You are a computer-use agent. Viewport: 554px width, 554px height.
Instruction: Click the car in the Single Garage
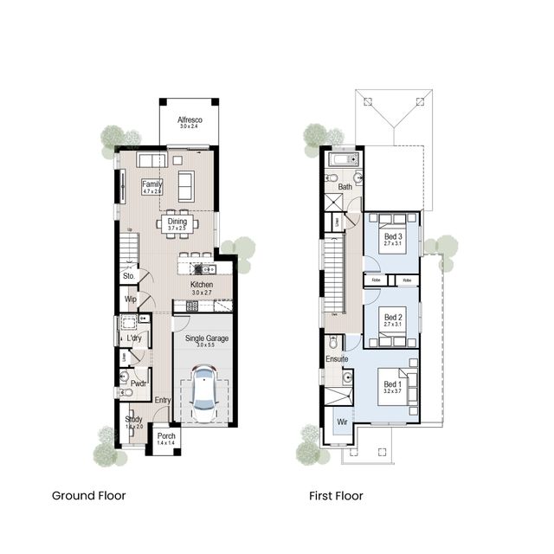point(203,391)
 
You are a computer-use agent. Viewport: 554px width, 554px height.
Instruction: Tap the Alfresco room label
point(189,121)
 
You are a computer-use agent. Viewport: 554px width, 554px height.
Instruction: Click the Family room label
point(152,185)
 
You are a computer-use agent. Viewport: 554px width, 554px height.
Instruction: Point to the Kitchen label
point(202,286)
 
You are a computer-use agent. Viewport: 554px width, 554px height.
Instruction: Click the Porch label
point(166,437)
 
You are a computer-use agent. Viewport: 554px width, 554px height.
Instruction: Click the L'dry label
point(134,338)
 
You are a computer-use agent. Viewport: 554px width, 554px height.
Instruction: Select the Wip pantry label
point(131,300)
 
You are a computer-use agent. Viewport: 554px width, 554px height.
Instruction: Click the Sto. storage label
point(130,278)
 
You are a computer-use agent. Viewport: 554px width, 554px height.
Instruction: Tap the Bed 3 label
point(393,238)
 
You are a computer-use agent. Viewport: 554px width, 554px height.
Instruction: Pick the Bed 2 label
point(393,318)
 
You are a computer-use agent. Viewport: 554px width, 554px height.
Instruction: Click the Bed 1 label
point(393,384)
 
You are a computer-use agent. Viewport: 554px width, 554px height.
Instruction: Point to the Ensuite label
point(337,358)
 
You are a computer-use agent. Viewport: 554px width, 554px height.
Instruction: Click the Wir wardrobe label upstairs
point(342,422)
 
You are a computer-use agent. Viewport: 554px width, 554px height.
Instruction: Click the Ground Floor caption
point(88,496)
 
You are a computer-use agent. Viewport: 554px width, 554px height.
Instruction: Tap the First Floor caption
point(336,496)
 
